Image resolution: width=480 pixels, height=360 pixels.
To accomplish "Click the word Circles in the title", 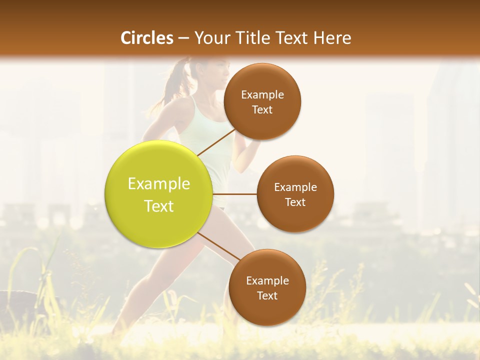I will [146, 38].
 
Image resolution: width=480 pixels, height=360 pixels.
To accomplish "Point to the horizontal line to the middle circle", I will [234, 194].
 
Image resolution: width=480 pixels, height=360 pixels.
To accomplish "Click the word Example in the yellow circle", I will [159, 184].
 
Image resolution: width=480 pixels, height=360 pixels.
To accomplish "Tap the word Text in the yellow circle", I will [159, 206].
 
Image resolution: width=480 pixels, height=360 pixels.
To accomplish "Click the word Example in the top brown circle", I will [262, 95].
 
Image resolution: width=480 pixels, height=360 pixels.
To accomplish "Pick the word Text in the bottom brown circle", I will [267, 295].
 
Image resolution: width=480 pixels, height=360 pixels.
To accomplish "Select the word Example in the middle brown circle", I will [295, 187].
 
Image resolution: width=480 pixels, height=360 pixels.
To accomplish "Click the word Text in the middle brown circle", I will [295, 202].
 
